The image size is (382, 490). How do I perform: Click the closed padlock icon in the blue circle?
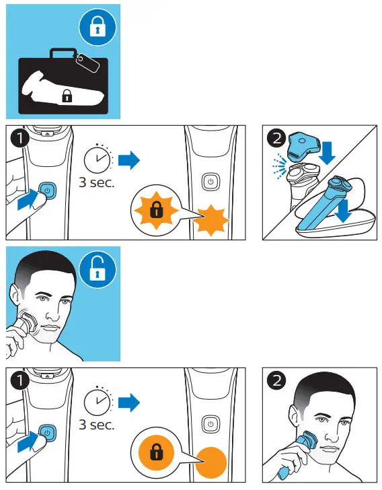pyautogui.click(x=98, y=27)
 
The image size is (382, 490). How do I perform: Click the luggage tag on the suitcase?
pyautogui.click(x=87, y=62)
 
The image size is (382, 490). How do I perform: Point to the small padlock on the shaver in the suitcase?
pyautogui.click(x=67, y=96)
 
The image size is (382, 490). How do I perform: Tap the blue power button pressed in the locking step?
pyautogui.click(x=47, y=190)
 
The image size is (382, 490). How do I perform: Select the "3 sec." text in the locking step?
pyautogui.click(x=97, y=182)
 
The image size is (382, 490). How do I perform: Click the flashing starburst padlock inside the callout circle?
pyautogui.click(x=156, y=210)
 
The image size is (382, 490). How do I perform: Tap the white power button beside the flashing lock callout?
pyautogui.click(x=211, y=182)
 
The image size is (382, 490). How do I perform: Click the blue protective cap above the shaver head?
pyautogui.click(x=303, y=145)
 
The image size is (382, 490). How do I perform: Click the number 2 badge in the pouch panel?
pyautogui.click(x=276, y=138)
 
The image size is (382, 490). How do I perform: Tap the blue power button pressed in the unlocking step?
pyautogui.click(x=47, y=433)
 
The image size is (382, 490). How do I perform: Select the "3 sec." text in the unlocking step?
pyautogui.click(x=97, y=425)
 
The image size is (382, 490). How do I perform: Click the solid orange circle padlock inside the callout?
pyautogui.click(x=156, y=452)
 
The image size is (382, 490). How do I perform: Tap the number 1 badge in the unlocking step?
pyautogui.click(x=20, y=380)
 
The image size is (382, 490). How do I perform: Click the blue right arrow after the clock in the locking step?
pyautogui.click(x=129, y=160)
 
